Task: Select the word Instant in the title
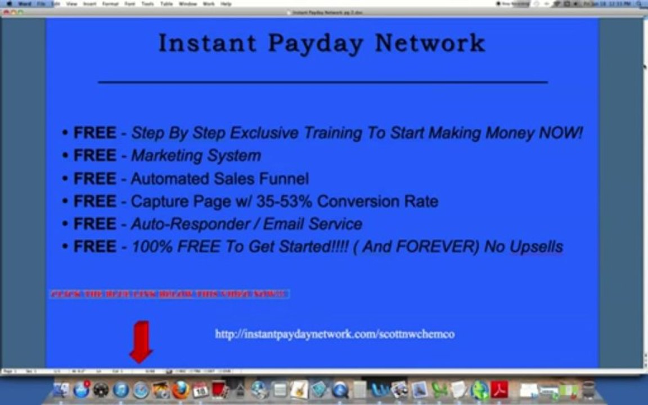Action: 206,43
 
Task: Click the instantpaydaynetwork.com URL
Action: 335,334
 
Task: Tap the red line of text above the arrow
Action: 169,294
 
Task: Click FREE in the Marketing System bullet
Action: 94,156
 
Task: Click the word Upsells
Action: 536,246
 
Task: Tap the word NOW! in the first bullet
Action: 560,133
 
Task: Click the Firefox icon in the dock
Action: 181,390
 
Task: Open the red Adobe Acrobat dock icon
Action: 499,389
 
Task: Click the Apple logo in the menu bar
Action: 8,3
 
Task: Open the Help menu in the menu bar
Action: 226,3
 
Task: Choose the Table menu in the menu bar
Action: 166,3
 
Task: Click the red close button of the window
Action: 6,12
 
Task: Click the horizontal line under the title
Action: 322,82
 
